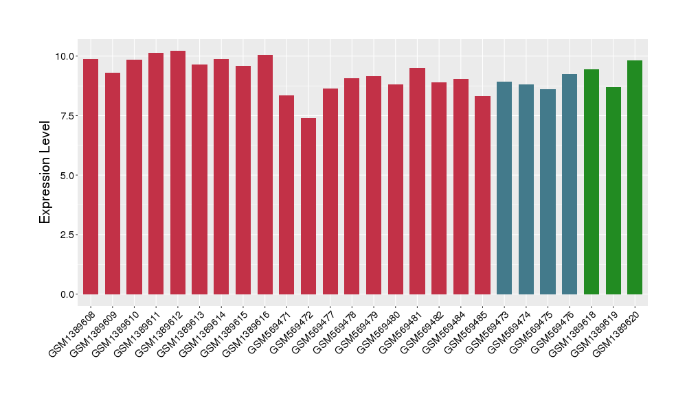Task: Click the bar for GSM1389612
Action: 178,172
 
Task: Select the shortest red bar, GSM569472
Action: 308,206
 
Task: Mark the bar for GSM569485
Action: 482,195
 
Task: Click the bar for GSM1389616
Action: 265,174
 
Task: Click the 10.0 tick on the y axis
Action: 67,56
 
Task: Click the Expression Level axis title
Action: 45,172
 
